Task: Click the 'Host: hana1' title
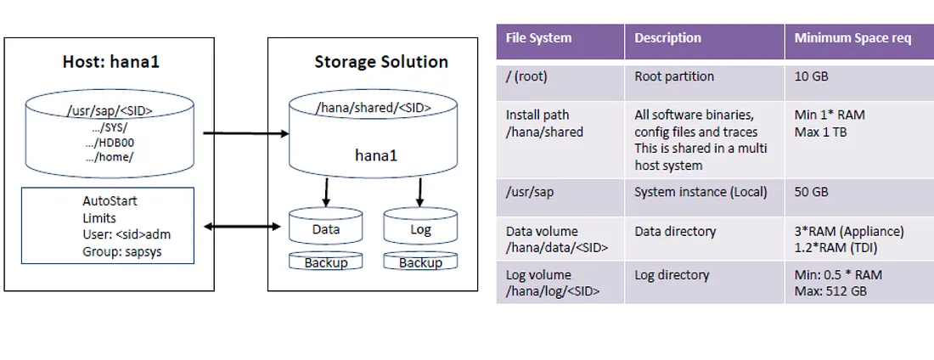[x=111, y=61]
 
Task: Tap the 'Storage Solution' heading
[x=381, y=61]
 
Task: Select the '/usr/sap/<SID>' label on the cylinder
[x=110, y=110]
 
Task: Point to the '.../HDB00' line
[x=110, y=143]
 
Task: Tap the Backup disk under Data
[x=325, y=262]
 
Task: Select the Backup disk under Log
[x=420, y=262]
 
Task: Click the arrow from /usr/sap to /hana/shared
[x=246, y=133]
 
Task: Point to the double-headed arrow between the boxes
[x=242, y=227]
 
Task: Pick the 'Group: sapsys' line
[x=122, y=251]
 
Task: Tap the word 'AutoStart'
[x=110, y=201]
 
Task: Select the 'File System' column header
[x=538, y=38]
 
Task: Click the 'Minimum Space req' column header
[x=852, y=38]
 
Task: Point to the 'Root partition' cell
[x=673, y=77]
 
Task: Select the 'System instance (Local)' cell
[x=700, y=193]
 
